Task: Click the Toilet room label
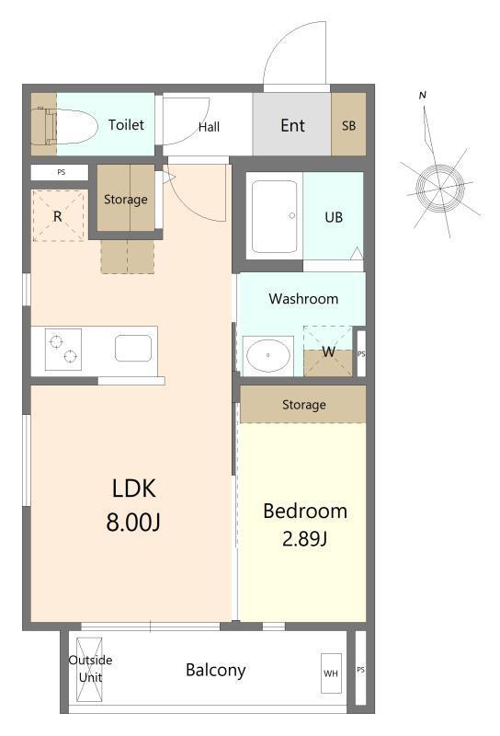(126, 124)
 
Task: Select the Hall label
(209, 127)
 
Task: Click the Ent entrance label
(292, 125)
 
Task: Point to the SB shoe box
(348, 125)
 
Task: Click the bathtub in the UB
(275, 216)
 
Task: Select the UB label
(334, 217)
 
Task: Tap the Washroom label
(303, 298)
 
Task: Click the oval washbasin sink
(267, 355)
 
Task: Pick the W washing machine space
(328, 351)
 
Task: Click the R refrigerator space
(58, 216)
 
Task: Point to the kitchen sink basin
(133, 349)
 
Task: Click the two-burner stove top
(63, 350)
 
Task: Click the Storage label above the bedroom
(304, 405)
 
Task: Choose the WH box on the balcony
(331, 673)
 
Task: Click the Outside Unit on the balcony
(90, 669)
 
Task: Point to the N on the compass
(423, 96)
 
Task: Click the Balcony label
(216, 671)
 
